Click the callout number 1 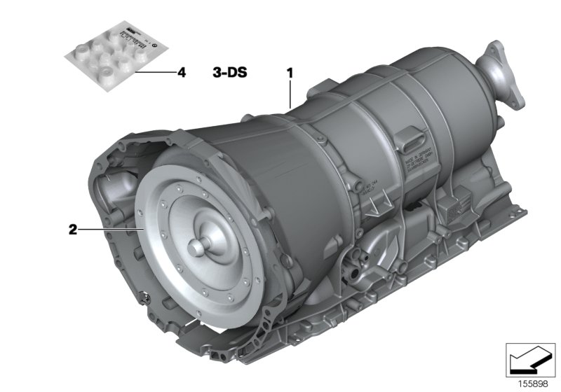pyautogui.click(x=288, y=71)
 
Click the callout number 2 pyautogui.click(x=72, y=229)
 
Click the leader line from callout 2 pyautogui.click(x=112, y=229)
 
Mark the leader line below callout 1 pyautogui.click(x=290, y=92)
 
